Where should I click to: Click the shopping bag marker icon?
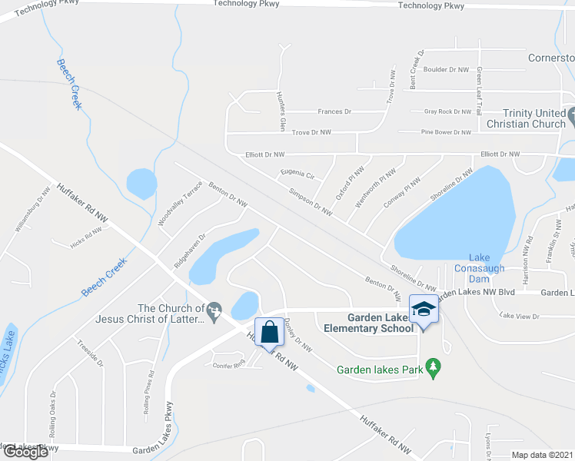pyautogui.click(x=269, y=333)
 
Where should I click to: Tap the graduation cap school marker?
pyautogui.click(x=423, y=310)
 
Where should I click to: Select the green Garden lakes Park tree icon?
pyautogui.click(x=434, y=368)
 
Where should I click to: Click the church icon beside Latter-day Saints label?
pyautogui.click(x=214, y=310)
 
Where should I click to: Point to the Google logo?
pyautogui.click(x=25, y=452)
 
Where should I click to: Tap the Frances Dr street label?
pyautogui.click(x=334, y=111)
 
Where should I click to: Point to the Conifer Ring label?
pyautogui.click(x=228, y=365)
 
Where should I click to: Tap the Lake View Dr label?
pyautogui.click(x=520, y=316)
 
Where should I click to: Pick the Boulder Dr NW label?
pyautogui.click(x=446, y=70)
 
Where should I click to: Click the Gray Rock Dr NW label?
pyautogui.click(x=447, y=111)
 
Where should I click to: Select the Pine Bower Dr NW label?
pyautogui.click(x=446, y=132)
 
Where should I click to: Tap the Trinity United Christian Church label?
pyautogui.click(x=524, y=118)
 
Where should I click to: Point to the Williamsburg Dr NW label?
pyautogui.click(x=33, y=209)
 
